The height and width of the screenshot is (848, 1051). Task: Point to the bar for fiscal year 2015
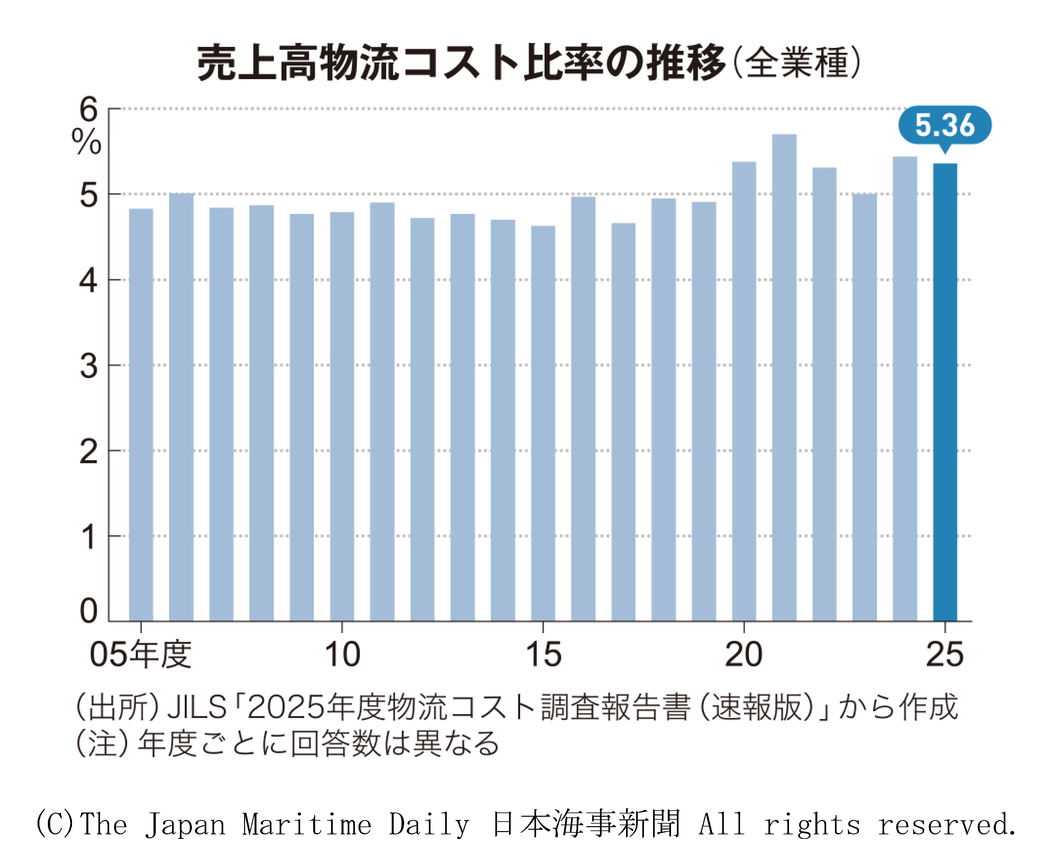543,423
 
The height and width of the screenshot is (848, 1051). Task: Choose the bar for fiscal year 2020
744,391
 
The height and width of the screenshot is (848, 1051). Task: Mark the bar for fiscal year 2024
905,388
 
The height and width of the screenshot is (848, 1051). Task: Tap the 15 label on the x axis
543,655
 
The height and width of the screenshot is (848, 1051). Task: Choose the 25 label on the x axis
945,655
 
